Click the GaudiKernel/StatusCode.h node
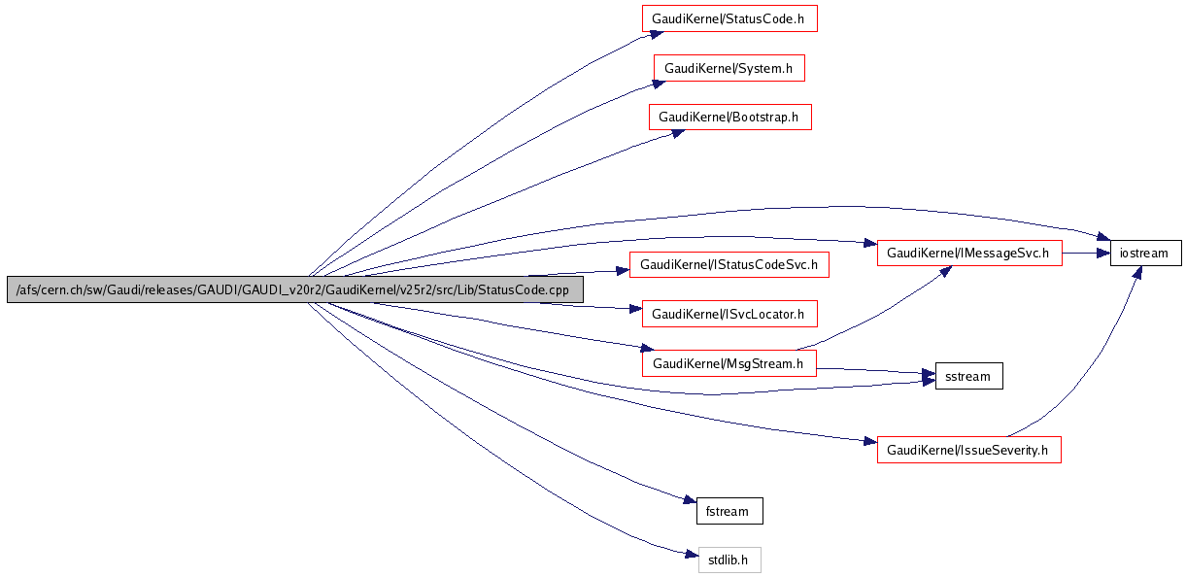pyautogui.click(x=729, y=18)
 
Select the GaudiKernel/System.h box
pyautogui.click(x=729, y=68)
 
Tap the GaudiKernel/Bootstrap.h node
pyautogui.click(x=729, y=117)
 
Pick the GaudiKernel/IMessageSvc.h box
pyautogui.click(x=969, y=253)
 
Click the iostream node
pyautogui.click(x=1146, y=253)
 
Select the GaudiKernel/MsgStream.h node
pyautogui.click(x=729, y=363)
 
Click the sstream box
pyautogui.click(x=968, y=376)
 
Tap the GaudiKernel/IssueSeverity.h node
pyautogui.click(x=968, y=450)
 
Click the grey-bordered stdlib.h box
pyautogui.click(x=729, y=560)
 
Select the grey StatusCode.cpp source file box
pyautogui.click(x=295, y=289)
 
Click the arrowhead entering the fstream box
pyautogui.click(x=689, y=500)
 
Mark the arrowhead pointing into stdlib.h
pyautogui.click(x=691, y=555)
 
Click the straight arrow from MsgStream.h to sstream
pyautogui.click(x=874, y=370)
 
